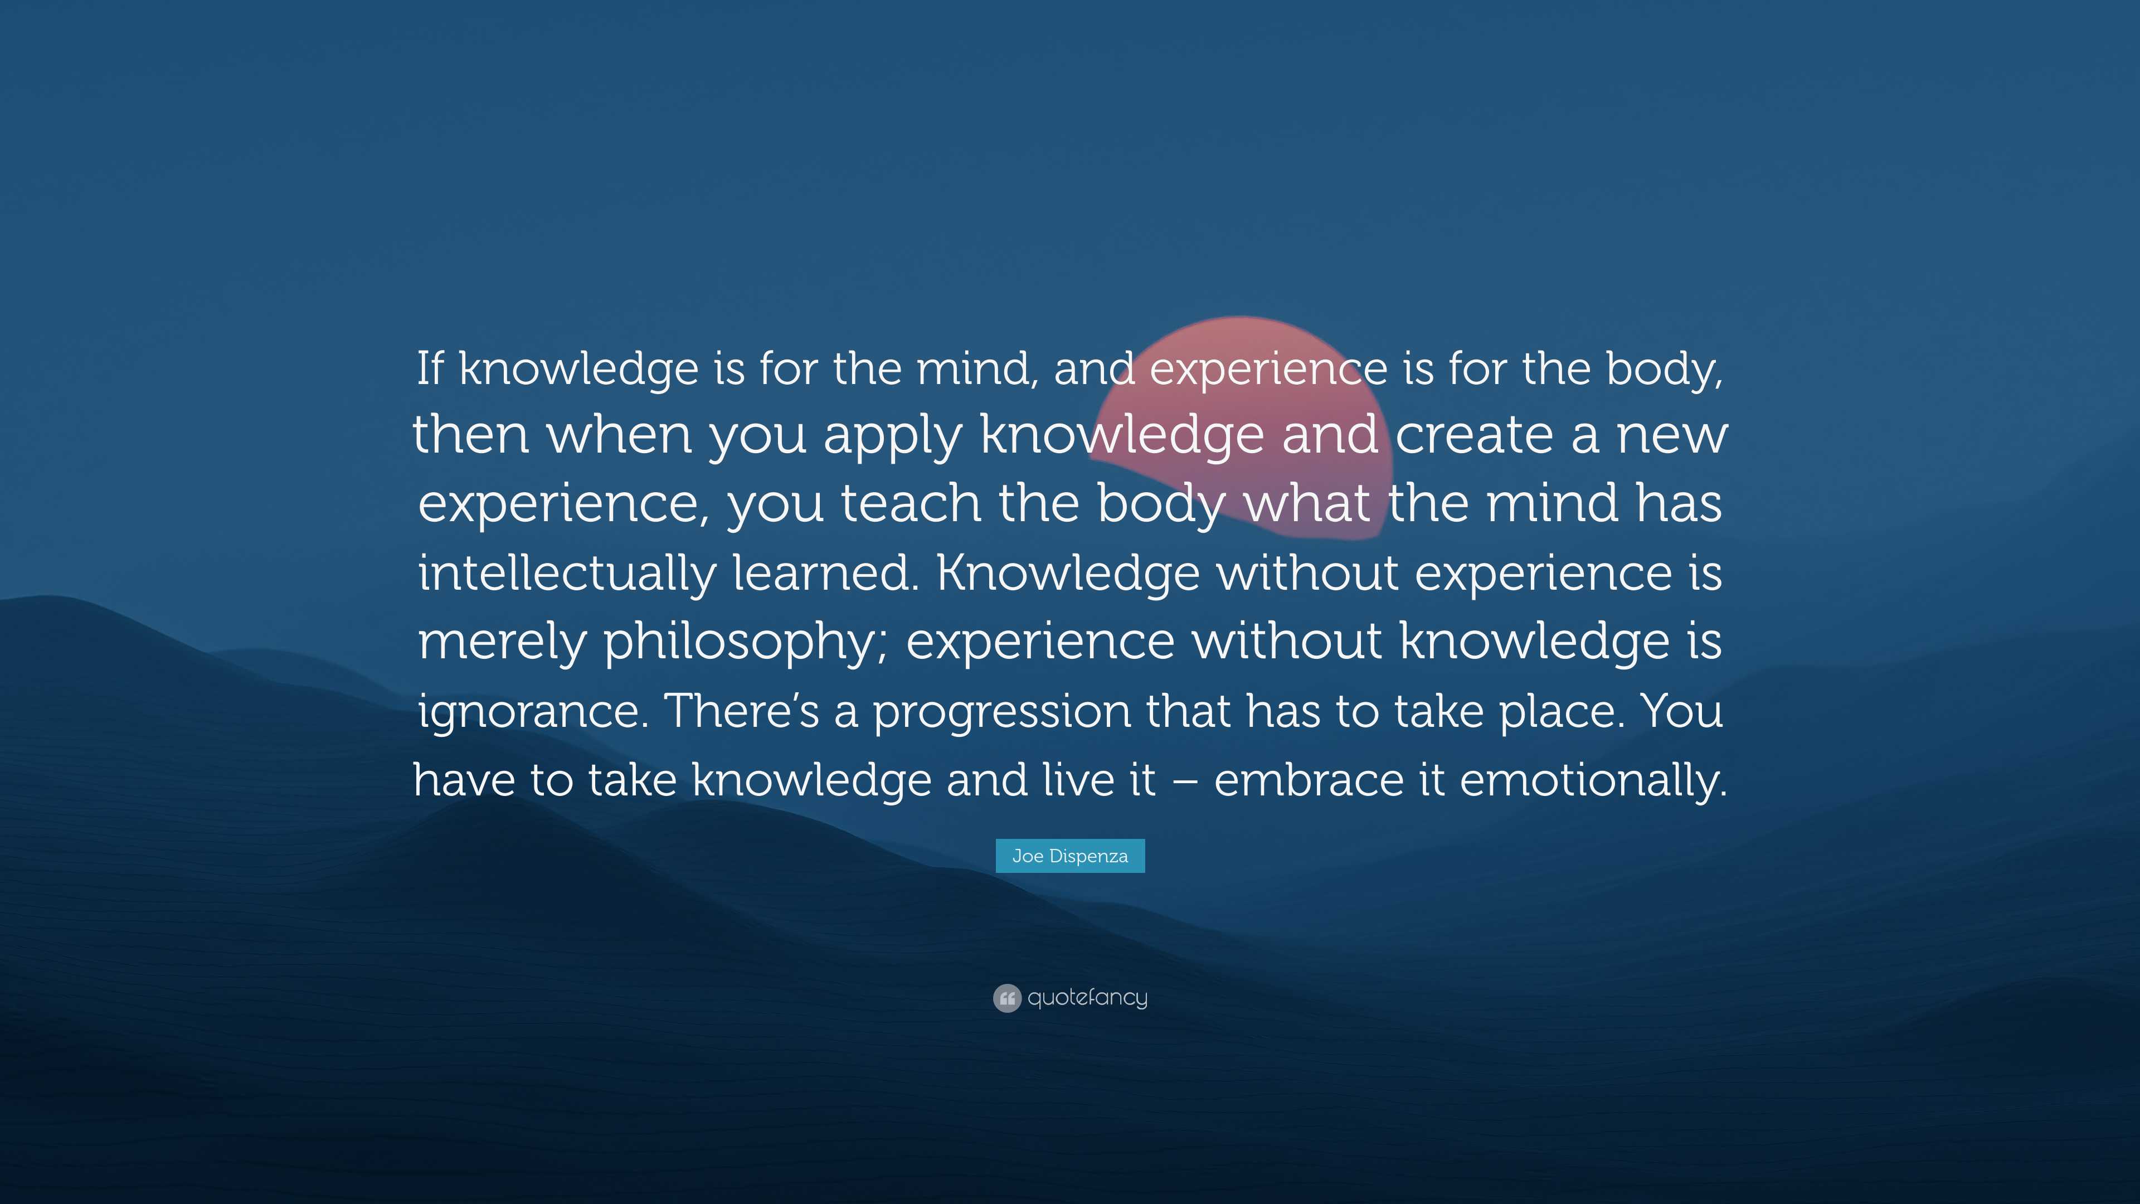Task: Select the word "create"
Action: point(1473,435)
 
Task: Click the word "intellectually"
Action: point(567,574)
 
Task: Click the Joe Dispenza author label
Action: point(1070,856)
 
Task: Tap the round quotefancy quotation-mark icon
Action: point(1007,998)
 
